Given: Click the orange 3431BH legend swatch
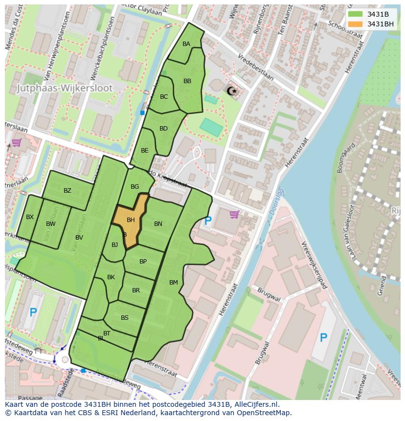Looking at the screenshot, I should (355, 23).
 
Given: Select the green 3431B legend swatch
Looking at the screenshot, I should (355, 14).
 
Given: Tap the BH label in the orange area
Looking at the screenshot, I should (131, 220).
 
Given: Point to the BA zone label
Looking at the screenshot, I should (186, 44).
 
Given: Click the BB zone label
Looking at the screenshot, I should (187, 81).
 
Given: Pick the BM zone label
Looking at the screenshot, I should (174, 283).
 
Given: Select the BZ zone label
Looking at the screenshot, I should (67, 191).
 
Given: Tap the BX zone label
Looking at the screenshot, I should (30, 217).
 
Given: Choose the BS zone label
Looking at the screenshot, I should (125, 318).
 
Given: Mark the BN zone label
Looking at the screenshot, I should (158, 224).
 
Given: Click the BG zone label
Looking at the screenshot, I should (135, 187).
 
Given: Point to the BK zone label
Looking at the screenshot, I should (111, 277).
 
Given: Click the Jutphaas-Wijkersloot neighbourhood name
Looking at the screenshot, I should (65, 89).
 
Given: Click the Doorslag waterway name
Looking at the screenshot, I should (277, 200).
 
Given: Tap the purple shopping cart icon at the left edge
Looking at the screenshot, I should (16, 143).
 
